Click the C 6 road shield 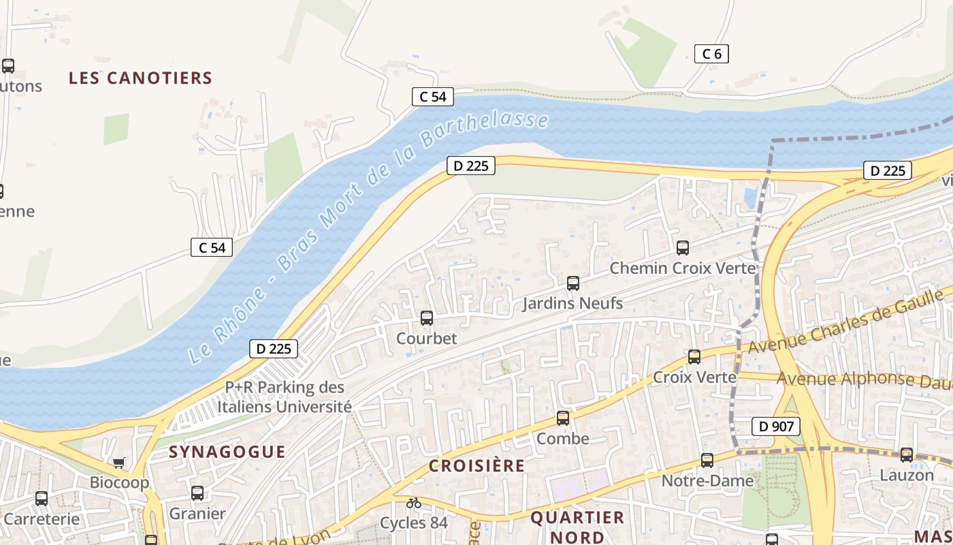[x=711, y=54]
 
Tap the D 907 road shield [x=775, y=427]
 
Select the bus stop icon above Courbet [x=427, y=318]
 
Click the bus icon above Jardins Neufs [x=573, y=283]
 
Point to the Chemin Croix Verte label [x=682, y=268]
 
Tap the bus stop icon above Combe [x=563, y=418]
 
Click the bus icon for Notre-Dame [x=707, y=461]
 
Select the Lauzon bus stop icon [x=907, y=455]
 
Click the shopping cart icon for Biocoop [x=119, y=463]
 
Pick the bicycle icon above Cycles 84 [x=414, y=503]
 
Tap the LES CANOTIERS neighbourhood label [x=141, y=78]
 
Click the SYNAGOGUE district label [x=227, y=452]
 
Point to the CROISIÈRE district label [x=476, y=466]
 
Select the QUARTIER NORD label [x=577, y=527]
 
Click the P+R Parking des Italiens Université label [x=285, y=397]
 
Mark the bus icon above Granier [x=197, y=493]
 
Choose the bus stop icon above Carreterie [x=42, y=499]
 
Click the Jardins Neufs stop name [x=572, y=303]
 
